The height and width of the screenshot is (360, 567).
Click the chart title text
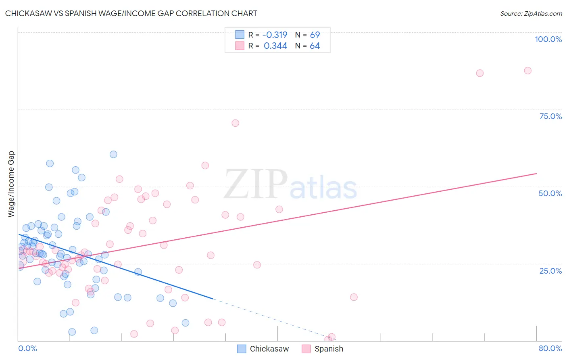[131, 13]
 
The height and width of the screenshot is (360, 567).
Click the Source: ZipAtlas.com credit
[531, 13]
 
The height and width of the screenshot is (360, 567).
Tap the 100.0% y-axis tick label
[548, 39]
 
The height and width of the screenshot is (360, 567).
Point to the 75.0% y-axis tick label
[550, 116]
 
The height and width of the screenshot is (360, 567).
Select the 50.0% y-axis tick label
[550, 193]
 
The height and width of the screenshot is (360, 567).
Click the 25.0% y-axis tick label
[550, 270]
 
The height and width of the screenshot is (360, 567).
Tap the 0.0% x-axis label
[27, 348]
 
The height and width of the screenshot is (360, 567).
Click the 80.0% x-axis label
[550, 348]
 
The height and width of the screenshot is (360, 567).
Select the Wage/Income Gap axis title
[11, 184]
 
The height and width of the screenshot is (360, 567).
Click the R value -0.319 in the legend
[275, 35]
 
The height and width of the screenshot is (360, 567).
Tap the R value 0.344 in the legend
[275, 46]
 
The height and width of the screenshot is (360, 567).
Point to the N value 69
[315, 35]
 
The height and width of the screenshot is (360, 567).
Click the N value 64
[315, 46]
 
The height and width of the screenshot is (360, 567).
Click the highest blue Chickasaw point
[113, 154]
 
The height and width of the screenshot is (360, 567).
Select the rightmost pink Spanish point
[527, 71]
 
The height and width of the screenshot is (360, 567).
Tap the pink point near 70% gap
[235, 123]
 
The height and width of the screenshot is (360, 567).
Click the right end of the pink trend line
[536, 174]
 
